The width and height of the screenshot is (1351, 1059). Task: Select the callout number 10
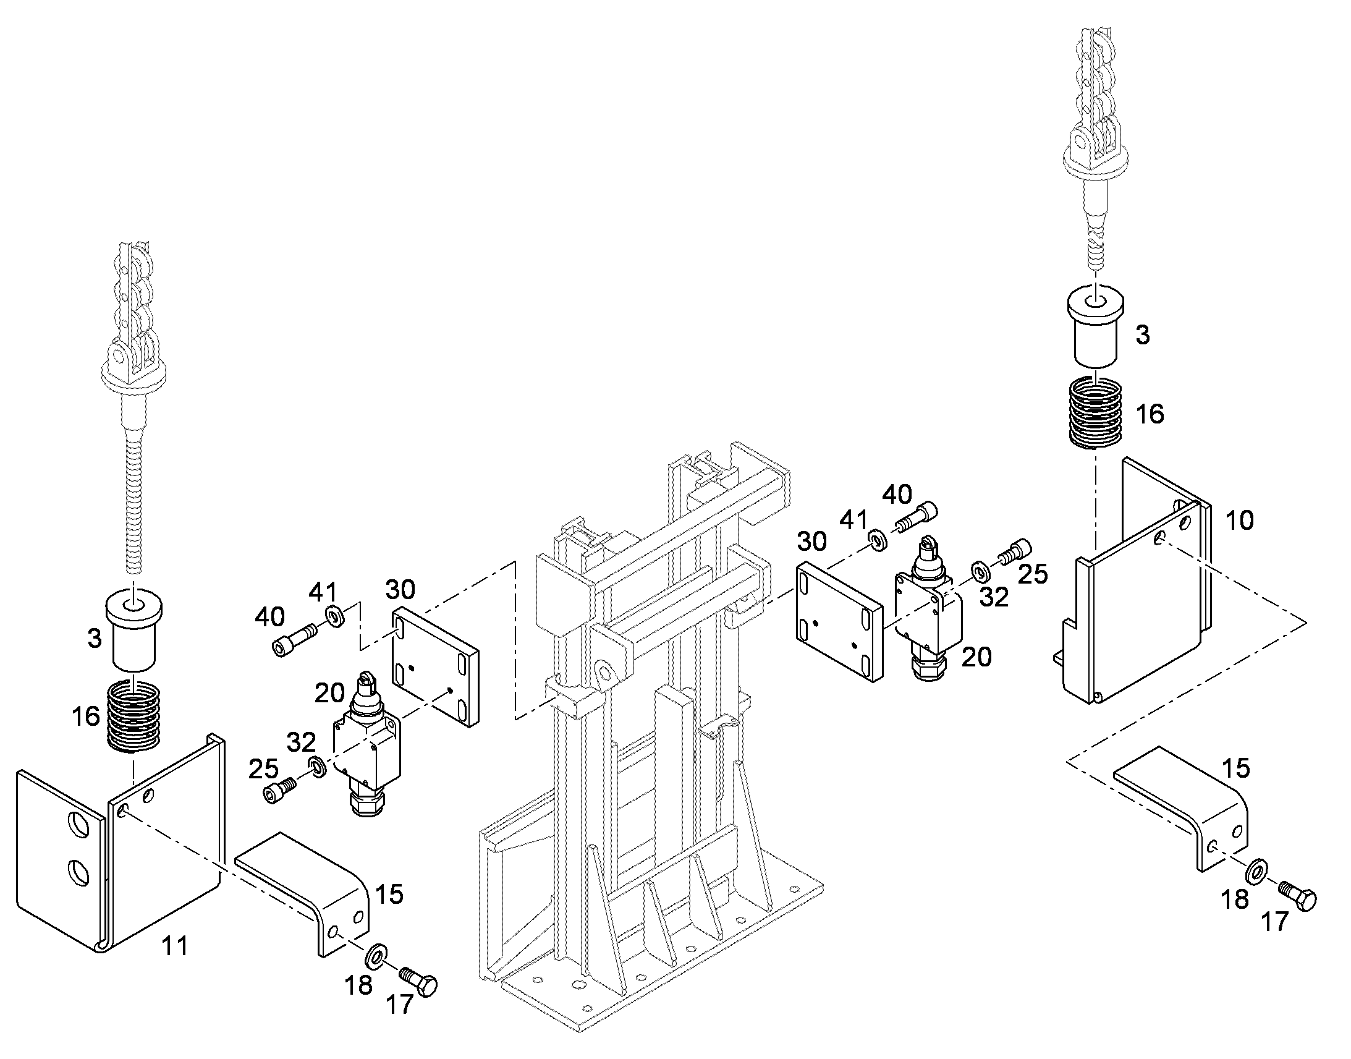[1240, 521]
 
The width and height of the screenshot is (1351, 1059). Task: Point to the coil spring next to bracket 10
[1096, 412]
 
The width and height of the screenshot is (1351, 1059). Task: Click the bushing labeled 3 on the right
[1096, 329]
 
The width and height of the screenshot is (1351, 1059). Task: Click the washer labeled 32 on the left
[316, 767]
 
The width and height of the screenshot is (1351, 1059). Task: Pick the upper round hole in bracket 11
[79, 824]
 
